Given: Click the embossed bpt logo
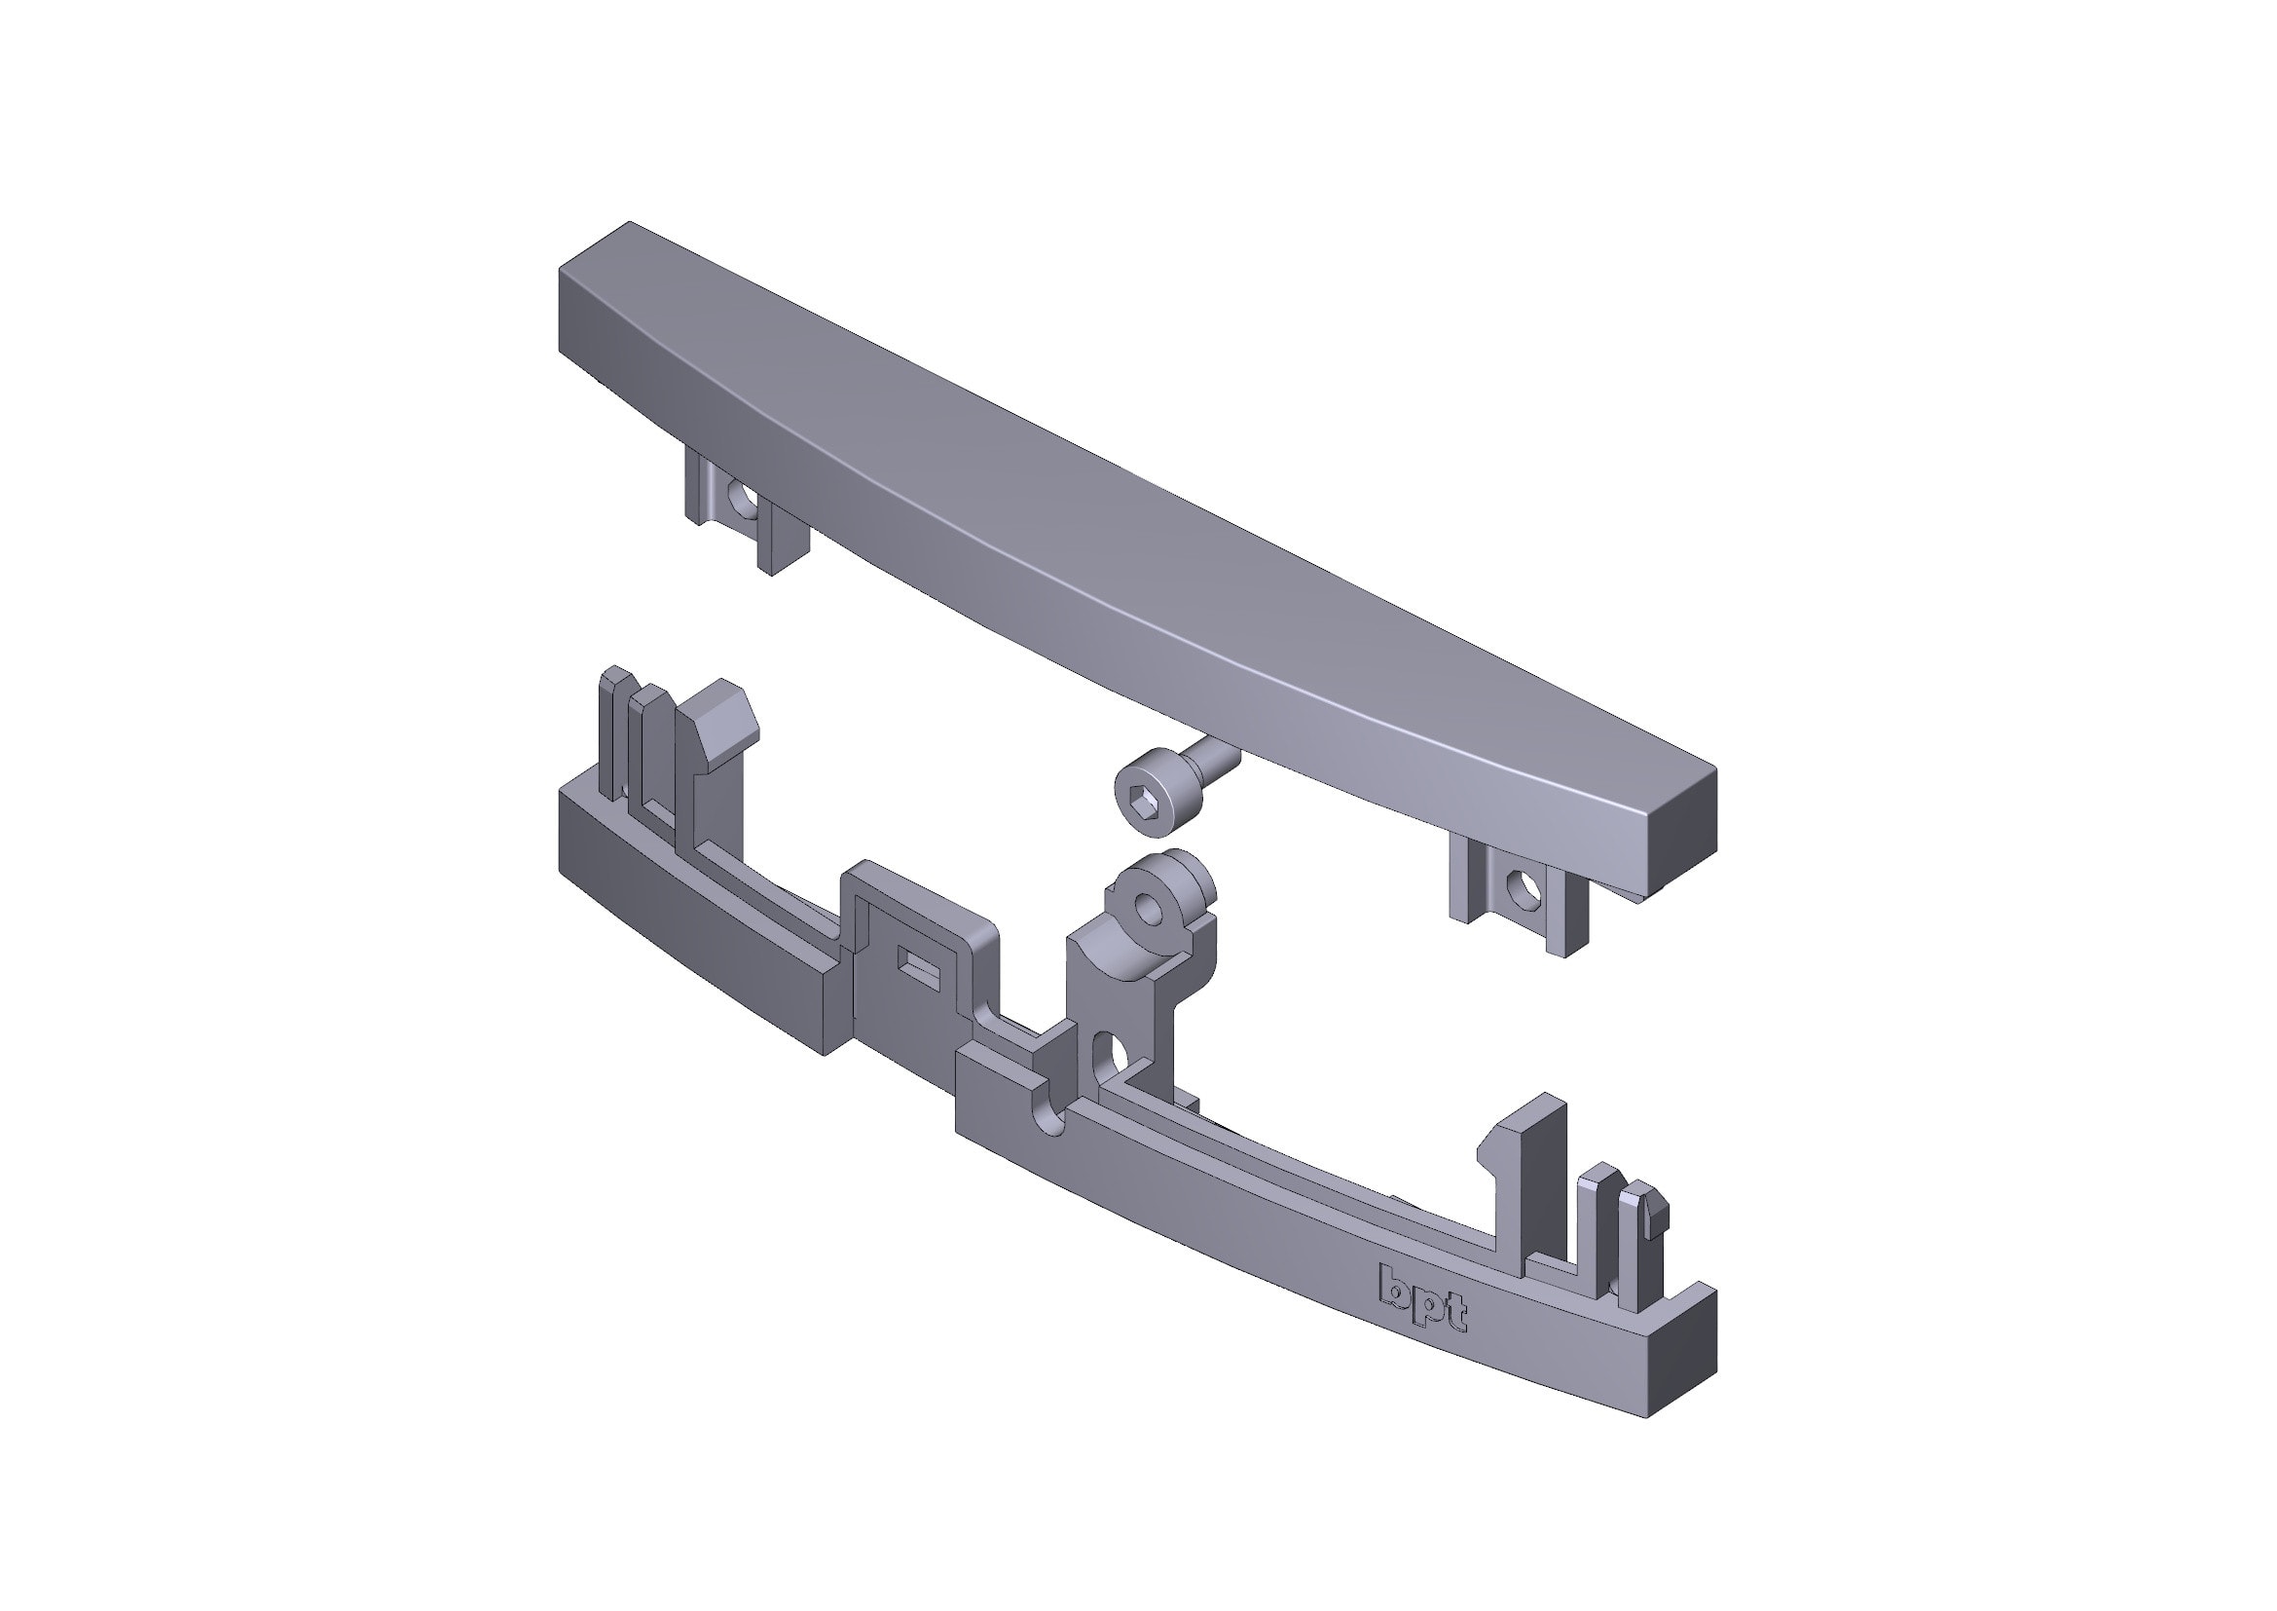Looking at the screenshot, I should coord(1423,1298).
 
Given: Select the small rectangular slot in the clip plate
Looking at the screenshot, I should coord(917,961).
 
